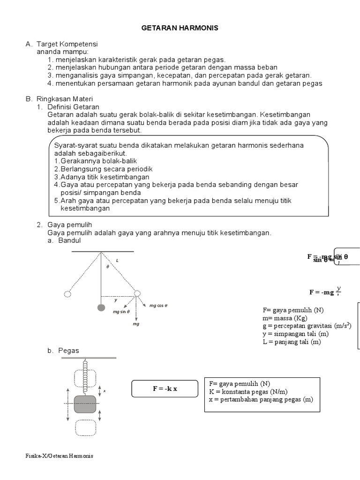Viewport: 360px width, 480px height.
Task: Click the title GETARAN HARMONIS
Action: click(x=180, y=28)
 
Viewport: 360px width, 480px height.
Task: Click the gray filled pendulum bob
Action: click(x=101, y=307)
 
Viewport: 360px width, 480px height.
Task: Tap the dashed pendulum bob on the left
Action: click(x=67, y=294)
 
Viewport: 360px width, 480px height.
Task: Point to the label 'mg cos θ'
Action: click(x=158, y=306)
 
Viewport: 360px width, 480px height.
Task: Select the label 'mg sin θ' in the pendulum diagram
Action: click(x=121, y=311)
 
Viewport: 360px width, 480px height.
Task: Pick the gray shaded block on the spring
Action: click(x=85, y=404)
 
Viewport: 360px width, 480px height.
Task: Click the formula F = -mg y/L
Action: click(x=324, y=292)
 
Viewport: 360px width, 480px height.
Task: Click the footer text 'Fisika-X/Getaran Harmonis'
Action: click(x=60, y=456)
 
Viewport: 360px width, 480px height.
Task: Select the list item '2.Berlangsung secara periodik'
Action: click(x=104, y=169)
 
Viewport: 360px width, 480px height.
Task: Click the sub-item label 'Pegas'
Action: click(x=69, y=351)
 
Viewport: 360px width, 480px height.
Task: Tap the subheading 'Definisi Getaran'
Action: click(x=74, y=107)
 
